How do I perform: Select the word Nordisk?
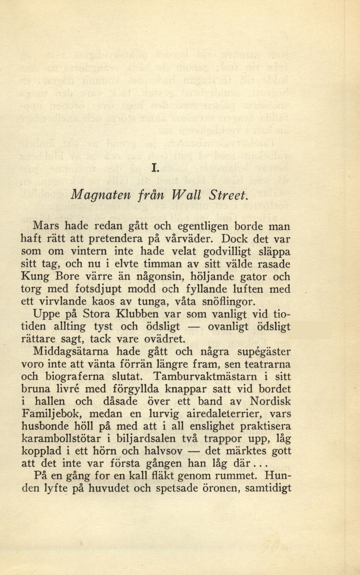click(x=270, y=401)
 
